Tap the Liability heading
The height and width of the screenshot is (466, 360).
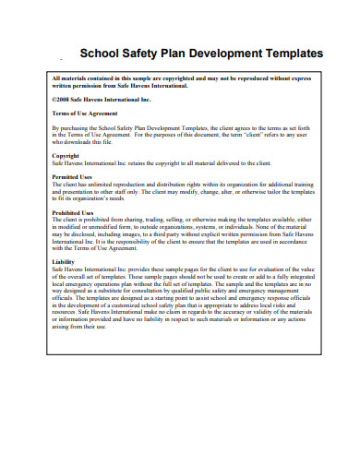pyautogui.click(x=63, y=261)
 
